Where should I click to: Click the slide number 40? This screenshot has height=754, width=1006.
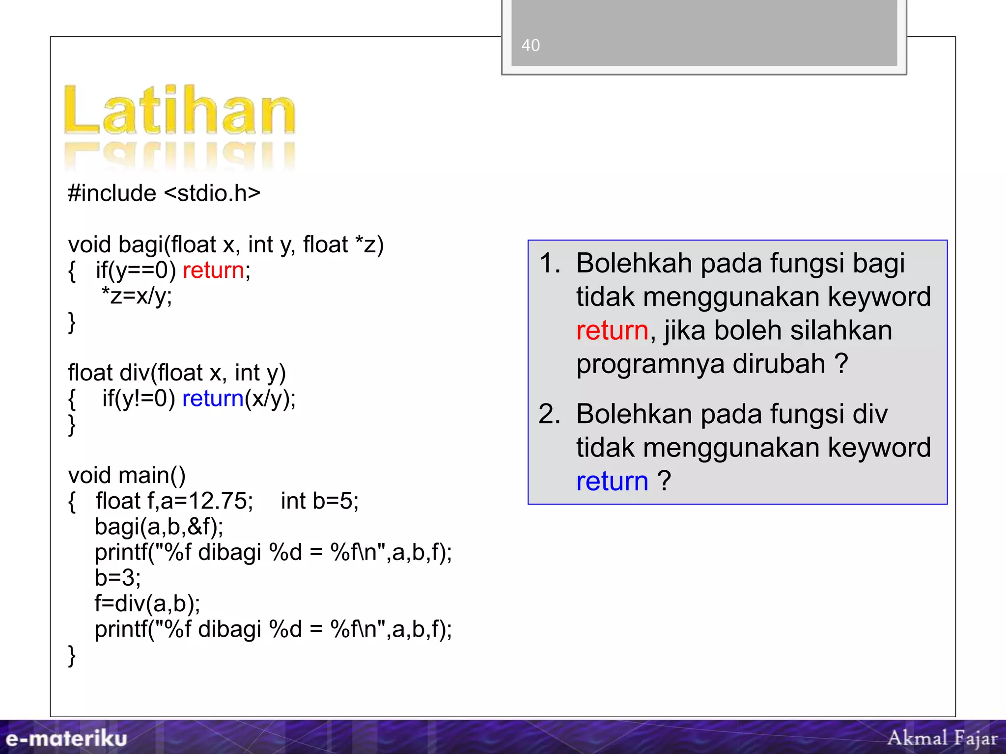point(531,45)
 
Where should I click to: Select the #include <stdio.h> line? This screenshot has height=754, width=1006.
point(164,193)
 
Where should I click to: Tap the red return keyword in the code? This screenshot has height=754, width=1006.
point(213,270)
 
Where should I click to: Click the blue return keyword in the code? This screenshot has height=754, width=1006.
point(213,398)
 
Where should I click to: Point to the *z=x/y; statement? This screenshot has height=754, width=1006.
point(137,296)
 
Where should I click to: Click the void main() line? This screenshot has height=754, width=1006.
point(127,475)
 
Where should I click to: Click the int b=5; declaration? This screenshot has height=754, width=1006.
point(320,501)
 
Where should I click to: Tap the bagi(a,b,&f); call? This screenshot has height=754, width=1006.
point(159,527)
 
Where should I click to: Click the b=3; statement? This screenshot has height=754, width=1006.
point(118,578)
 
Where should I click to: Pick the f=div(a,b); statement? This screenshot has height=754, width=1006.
point(147,603)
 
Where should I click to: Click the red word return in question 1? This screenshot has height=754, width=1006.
point(612,330)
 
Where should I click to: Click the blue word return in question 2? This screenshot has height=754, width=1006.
point(612,481)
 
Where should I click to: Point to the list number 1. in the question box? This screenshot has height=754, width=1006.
point(550,263)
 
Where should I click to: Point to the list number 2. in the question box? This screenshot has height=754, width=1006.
point(550,414)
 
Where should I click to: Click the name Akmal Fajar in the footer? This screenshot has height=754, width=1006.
point(942,738)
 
